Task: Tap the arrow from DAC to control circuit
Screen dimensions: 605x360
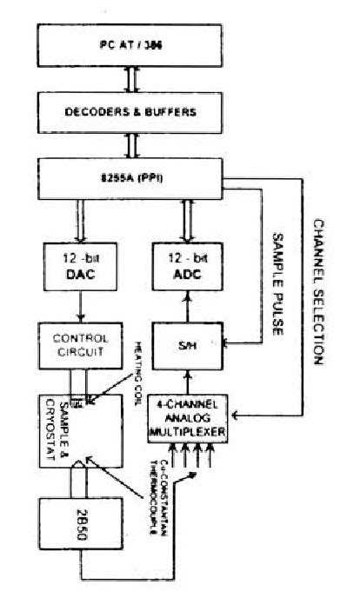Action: tap(79, 305)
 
